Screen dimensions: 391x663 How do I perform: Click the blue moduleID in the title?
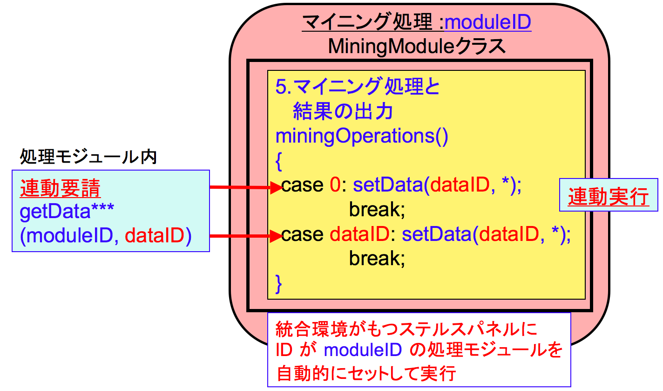coord(488,22)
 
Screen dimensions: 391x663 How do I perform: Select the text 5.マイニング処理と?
coord(358,88)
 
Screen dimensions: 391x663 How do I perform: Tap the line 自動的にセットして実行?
coord(365,374)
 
